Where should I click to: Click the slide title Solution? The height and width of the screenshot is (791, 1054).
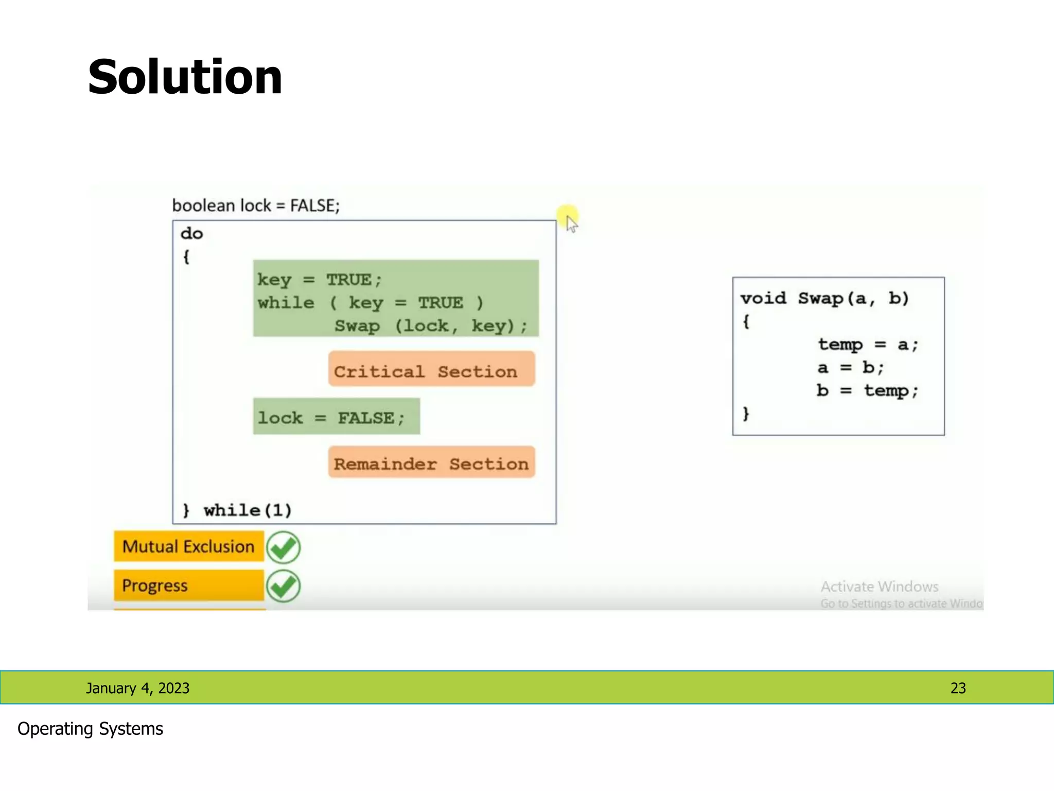tap(185, 77)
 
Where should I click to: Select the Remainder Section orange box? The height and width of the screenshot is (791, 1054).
tap(431, 462)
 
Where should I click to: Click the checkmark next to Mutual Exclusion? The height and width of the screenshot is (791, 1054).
tap(283, 547)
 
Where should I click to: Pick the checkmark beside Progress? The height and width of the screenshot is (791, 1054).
tap(283, 586)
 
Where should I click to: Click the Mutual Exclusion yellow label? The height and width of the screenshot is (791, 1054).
tap(188, 546)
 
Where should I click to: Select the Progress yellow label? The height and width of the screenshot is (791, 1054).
tap(188, 586)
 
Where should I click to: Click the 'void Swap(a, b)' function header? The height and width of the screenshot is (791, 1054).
tap(824, 298)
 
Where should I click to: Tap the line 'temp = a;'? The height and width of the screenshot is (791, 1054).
tap(868, 344)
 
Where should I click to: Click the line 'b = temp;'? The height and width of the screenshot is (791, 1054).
tap(867, 390)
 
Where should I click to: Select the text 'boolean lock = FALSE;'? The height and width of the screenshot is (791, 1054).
tap(256, 205)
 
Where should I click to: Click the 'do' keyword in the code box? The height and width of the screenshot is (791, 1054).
tap(192, 233)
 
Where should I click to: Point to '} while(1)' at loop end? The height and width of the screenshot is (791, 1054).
tap(237, 510)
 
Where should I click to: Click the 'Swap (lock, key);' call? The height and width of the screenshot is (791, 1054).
tap(431, 326)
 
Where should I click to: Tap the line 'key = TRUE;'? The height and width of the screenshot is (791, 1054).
tap(320, 280)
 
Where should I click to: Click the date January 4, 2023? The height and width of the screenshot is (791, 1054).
tap(137, 688)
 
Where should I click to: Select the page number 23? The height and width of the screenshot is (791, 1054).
tap(958, 688)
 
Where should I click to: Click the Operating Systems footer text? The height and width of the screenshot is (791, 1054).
tap(90, 729)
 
